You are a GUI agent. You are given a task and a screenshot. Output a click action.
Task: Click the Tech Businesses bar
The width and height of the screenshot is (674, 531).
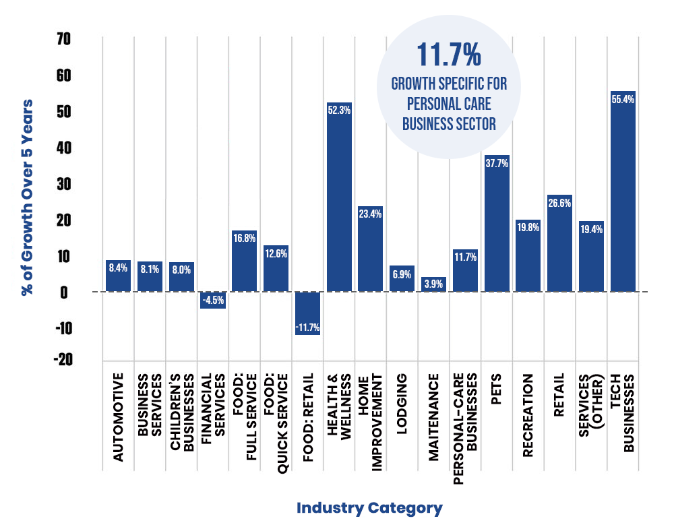623,192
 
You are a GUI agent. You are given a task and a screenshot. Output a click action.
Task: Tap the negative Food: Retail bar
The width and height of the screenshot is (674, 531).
307,313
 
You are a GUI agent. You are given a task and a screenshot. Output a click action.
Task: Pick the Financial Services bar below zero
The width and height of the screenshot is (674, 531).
212,301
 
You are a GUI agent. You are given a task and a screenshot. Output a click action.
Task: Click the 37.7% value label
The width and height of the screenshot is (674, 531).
497,163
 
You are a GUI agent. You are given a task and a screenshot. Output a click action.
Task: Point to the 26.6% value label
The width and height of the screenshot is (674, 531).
559,203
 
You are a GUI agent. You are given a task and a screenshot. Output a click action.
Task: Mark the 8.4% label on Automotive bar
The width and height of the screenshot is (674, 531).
119,268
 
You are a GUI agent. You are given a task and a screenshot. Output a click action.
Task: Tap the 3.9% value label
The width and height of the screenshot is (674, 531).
433,284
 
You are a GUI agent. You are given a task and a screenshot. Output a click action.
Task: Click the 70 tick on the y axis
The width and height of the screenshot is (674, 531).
63,40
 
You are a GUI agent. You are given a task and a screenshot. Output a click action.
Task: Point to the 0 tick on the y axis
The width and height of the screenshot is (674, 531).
66,292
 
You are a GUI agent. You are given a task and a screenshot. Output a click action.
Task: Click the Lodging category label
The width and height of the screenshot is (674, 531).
402,416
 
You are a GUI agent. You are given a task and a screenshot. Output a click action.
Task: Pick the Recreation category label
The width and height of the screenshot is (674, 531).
528,416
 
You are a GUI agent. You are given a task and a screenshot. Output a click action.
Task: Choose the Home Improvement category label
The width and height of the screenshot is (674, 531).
370,416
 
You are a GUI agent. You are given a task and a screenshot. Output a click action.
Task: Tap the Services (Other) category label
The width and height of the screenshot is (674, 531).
591,416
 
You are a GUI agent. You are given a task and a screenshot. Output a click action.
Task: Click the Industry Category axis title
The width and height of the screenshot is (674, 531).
369,508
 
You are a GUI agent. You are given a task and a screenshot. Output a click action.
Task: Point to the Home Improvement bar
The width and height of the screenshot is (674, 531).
370,249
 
